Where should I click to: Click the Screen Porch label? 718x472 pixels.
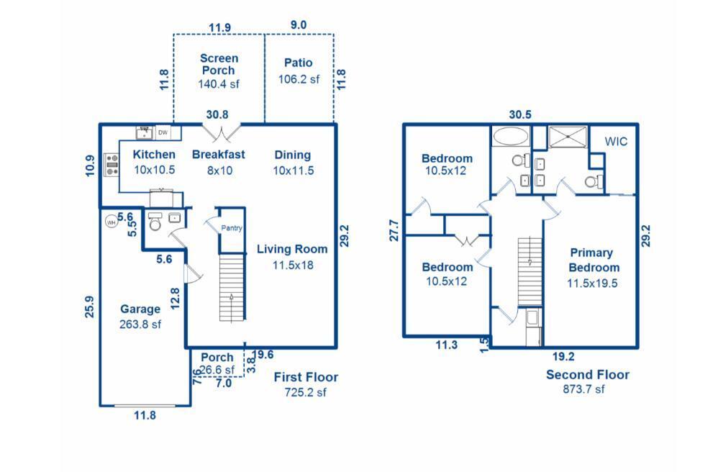(219, 64)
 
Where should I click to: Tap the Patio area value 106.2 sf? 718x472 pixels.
(299, 79)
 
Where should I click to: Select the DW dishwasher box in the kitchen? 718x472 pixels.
(163, 132)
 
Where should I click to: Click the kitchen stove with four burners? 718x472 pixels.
(112, 165)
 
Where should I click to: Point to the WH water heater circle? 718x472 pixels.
(111, 222)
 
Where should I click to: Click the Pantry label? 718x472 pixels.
(231, 227)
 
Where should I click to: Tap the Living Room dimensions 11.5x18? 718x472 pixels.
(293, 265)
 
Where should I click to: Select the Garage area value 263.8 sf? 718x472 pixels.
(140, 324)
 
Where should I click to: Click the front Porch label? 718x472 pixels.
(217, 357)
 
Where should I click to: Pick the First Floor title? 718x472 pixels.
(306, 377)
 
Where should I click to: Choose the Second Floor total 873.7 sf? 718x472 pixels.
(584, 389)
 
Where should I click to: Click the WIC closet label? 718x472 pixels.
(616, 142)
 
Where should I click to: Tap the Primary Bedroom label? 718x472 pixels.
(594, 260)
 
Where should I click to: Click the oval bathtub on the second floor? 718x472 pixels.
(511, 137)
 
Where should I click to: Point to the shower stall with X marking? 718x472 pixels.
(568, 137)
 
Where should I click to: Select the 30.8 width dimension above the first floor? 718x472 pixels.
(217, 114)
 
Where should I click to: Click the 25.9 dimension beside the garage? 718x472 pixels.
(90, 307)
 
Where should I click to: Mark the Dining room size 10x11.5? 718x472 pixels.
(294, 171)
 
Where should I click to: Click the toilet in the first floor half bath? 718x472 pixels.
(155, 221)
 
